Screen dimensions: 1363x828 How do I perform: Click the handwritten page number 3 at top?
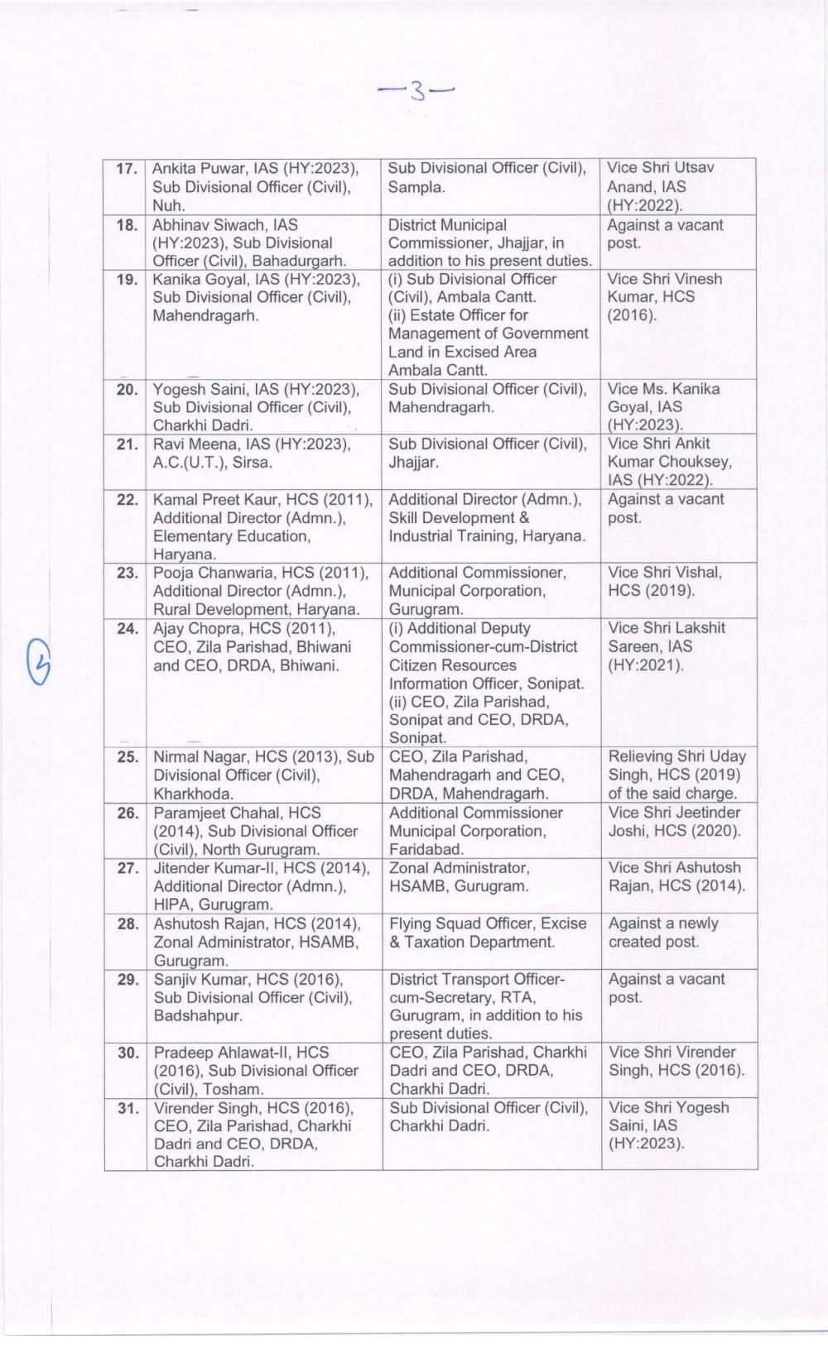pos(417,90)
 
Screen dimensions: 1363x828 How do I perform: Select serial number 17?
pos(127,169)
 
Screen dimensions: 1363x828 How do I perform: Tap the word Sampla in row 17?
pos(415,187)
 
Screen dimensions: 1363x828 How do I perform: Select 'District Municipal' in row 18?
pos(447,225)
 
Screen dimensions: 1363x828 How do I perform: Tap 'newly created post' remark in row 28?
pos(662,933)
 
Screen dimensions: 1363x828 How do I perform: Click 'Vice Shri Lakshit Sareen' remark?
pos(667,637)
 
